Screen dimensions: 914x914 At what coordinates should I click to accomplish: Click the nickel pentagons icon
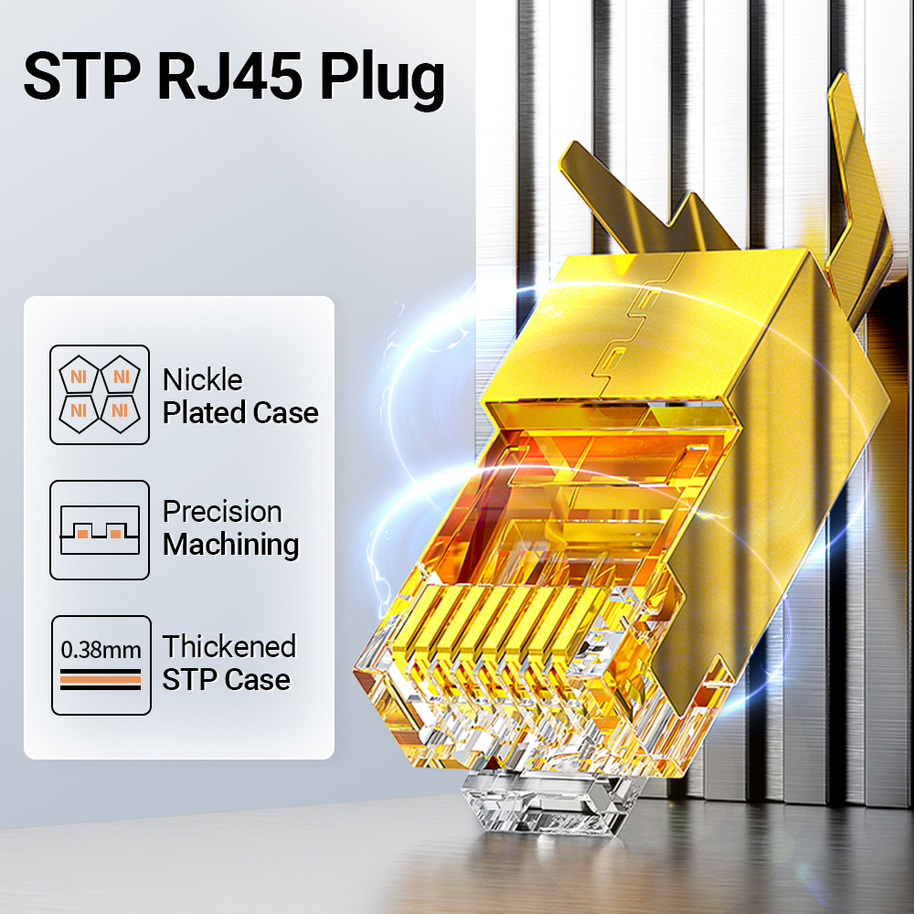[100, 395]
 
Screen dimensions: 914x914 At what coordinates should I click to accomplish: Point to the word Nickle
[202, 379]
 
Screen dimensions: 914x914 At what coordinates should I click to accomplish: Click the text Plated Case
[240, 412]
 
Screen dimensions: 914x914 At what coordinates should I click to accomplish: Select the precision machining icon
[100, 530]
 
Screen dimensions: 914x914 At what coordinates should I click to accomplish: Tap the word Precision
[222, 512]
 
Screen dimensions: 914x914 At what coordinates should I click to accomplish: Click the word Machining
[230, 545]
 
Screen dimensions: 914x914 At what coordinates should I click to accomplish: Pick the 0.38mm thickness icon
[100, 665]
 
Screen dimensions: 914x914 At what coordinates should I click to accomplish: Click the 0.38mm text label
[101, 651]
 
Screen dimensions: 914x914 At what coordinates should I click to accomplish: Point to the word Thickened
[229, 647]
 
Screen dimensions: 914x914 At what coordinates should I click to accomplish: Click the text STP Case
[226, 680]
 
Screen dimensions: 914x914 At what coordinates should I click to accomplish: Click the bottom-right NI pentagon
[120, 411]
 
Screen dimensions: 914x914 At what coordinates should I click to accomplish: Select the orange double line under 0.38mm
[101, 678]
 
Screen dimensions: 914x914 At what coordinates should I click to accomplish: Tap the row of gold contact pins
[503, 631]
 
